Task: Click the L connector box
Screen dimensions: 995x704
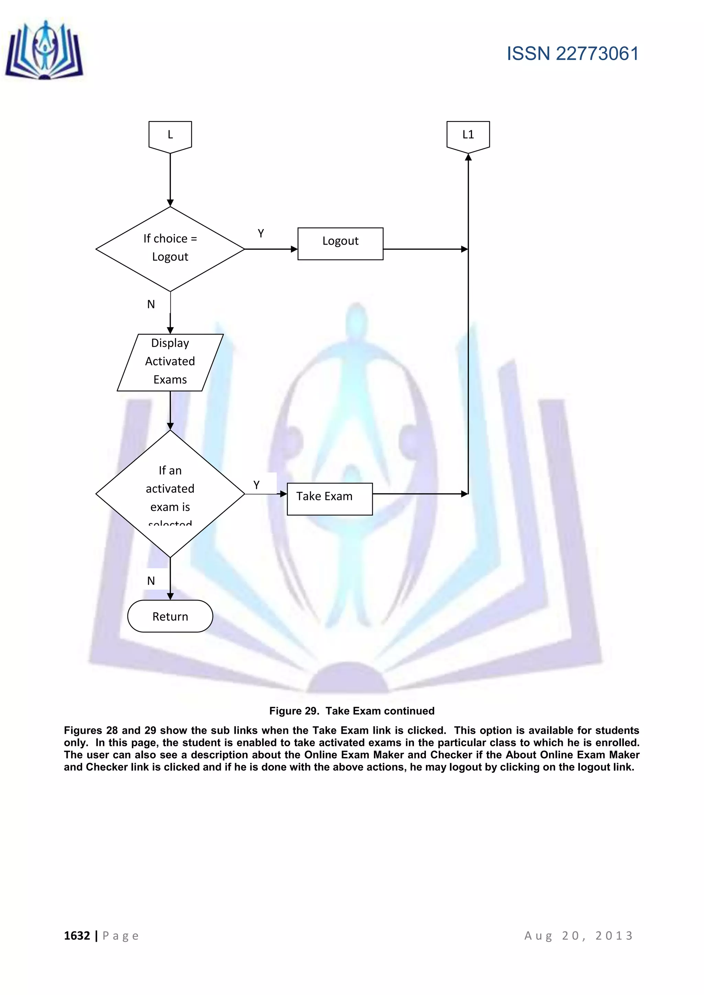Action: [x=170, y=136]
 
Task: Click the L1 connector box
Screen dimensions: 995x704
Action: [x=468, y=136]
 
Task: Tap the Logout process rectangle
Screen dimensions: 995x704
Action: [x=340, y=244]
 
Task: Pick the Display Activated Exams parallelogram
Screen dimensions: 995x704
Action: [x=170, y=362]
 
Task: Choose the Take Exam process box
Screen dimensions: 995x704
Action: [x=329, y=499]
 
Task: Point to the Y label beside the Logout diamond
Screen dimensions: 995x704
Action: [x=261, y=234]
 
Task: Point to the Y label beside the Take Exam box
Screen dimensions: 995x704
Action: [x=256, y=485]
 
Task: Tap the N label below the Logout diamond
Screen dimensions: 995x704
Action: [x=151, y=304]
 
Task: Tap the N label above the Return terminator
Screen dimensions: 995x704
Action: [x=151, y=581]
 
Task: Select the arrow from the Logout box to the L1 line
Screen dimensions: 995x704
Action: [x=425, y=249]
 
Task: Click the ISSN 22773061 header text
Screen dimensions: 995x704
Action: [x=572, y=54]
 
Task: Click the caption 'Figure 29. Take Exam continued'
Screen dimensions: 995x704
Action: [x=352, y=711]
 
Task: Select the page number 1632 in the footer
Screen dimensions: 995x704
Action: [x=77, y=936]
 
